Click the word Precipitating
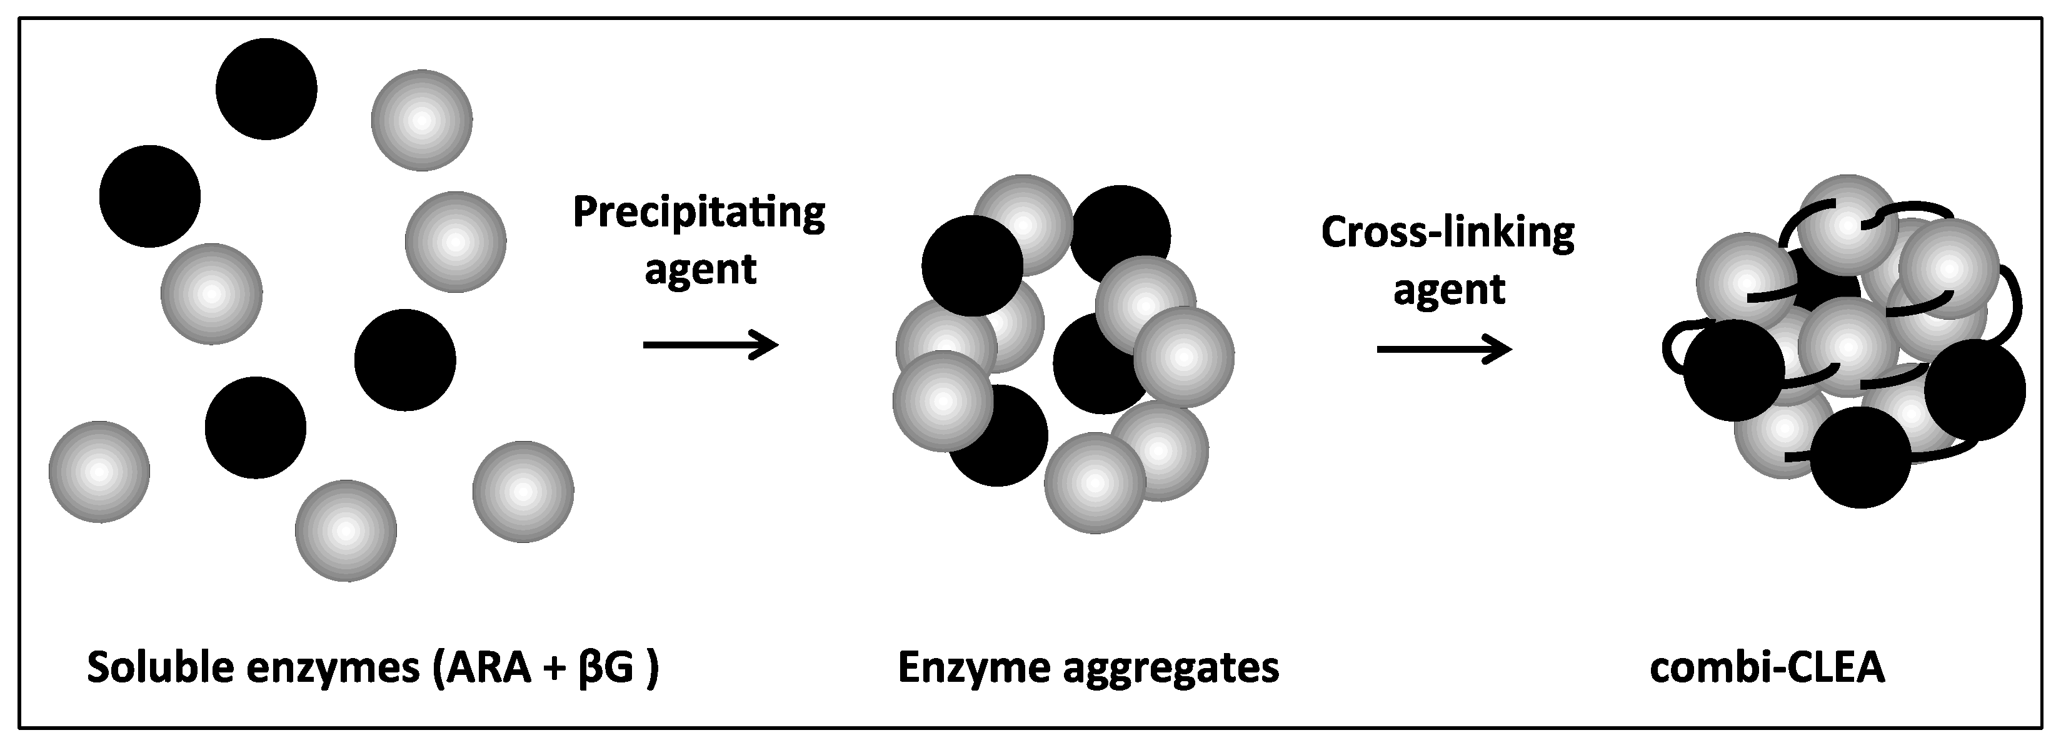698,214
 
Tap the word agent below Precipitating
700,270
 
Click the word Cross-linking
1447,233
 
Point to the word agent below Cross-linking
1448,289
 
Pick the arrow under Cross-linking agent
1444,350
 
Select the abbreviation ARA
488,667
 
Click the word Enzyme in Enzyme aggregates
973,667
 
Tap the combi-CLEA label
1767,667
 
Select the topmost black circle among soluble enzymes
266,89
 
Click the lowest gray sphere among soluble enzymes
346,530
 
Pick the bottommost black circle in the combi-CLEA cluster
1860,457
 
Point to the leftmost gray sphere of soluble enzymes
99,472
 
